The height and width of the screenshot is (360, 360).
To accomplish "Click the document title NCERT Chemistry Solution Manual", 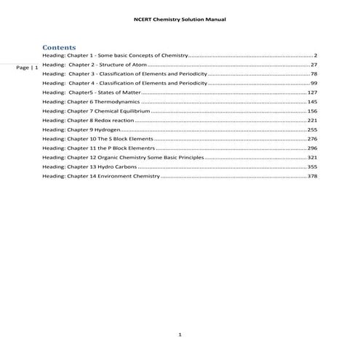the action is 180,19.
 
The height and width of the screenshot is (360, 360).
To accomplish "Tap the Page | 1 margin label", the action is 28,67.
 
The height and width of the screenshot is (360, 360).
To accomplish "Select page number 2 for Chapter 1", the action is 315,55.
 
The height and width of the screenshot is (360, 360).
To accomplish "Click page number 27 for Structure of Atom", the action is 313,65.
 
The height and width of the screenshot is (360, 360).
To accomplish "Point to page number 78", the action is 313,74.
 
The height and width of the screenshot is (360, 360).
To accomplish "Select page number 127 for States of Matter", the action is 312,92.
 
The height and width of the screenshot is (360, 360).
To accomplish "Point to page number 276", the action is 312,139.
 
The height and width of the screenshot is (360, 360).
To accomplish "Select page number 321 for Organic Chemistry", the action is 312,157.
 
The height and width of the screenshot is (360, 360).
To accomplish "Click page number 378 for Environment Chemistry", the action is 312,176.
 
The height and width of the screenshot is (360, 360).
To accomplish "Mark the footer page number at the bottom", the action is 180,335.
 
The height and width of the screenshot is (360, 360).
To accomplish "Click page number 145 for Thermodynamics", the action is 312,102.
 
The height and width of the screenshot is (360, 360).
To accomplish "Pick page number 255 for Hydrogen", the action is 312,129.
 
